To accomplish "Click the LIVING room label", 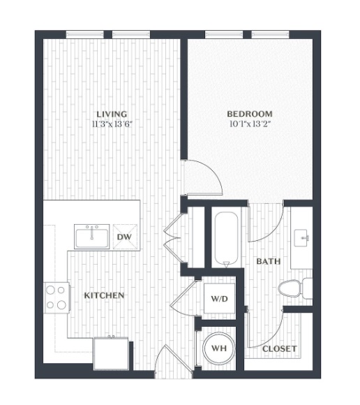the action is click(x=112, y=114).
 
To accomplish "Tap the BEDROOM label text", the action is click(x=250, y=114).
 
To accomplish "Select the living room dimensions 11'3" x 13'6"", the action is click(x=112, y=124).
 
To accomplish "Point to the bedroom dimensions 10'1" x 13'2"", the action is click(x=250, y=124).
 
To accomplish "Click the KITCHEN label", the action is click(x=104, y=295).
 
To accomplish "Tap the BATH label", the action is click(x=269, y=261).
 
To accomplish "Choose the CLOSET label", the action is click(x=280, y=349).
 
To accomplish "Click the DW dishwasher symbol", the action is click(x=125, y=237).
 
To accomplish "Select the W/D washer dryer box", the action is click(x=219, y=299).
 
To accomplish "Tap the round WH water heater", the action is click(x=219, y=348).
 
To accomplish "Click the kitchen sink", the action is click(x=92, y=237).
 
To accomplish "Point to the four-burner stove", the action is click(x=57, y=297).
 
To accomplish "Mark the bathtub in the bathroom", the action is click(x=226, y=240).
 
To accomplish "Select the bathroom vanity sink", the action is click(x=301, y=238).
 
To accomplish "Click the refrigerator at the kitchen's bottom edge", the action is click(x=111, y=353).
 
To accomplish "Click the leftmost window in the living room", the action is click(x=85, y=34).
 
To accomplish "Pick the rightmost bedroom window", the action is click(x=270, y=34).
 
